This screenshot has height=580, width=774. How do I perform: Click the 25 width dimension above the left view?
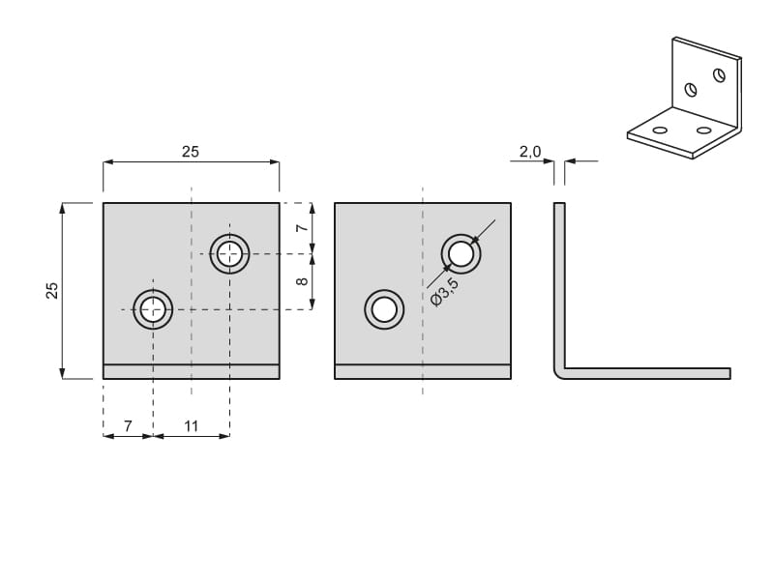coord(190,152)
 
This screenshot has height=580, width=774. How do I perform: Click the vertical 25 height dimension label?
coord(52,291)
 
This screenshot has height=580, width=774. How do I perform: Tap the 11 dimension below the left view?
coord(191,425)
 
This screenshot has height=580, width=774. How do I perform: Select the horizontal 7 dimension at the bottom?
coord(128,425)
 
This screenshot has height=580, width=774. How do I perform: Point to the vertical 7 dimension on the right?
coord(302,227)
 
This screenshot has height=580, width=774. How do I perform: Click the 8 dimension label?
coord(302,281)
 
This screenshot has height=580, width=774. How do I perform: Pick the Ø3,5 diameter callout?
coord(444,292)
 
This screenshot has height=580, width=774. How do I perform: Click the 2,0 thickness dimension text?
coord(530,152)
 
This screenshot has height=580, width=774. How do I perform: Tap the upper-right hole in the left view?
coord(229,254)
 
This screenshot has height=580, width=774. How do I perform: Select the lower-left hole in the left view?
coord(153,309)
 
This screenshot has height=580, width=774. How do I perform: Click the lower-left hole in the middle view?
coord(384,309)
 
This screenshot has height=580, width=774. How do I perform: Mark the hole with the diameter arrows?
coord(461,254)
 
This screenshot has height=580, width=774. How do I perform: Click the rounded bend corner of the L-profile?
coord(559,373)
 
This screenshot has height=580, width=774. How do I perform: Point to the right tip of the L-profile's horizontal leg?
coord(730,373)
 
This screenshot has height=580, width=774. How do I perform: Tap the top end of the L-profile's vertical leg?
coord(559,203)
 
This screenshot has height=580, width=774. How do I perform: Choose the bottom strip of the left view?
coord(191,372)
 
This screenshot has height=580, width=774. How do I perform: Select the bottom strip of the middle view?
coord(423,372)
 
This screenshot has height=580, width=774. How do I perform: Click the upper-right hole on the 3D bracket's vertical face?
coord(719,75)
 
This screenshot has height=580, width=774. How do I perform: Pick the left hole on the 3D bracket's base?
coord(660,130)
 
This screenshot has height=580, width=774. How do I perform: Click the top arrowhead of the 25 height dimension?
coord(62,208)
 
